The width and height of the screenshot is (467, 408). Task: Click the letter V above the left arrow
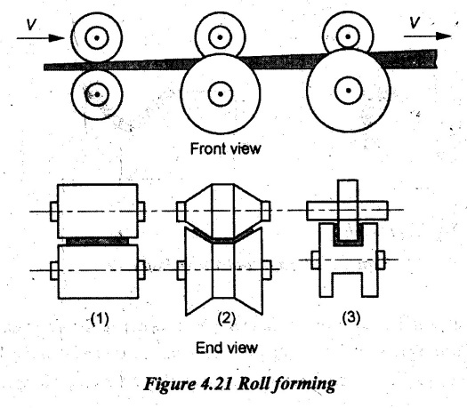tap(31, 24)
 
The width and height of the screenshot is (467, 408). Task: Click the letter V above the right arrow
tap(415, 22)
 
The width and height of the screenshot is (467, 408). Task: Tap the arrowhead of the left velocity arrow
tap(57, 38)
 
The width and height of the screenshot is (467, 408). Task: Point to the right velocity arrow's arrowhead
tap(444, 36)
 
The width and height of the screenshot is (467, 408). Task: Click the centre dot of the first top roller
tap(97, 38)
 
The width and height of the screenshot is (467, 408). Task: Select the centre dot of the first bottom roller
tap(97, 94)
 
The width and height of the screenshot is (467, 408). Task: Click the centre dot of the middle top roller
tap(220, 37)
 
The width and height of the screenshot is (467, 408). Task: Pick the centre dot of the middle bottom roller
tap(221, 94)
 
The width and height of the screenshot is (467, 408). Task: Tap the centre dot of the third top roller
tap(348, 36)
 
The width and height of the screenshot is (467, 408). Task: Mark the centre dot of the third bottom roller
tap(349, 90)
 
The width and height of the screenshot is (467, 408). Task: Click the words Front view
tap(225, 148)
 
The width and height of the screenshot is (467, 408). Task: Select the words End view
tap(227, 348)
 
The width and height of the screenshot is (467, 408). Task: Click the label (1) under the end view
tap(100, 319)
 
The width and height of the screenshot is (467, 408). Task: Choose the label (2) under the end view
tap(226, 318)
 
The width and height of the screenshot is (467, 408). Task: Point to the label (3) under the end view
tap(350, 317)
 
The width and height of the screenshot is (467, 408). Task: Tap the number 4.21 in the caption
tap(215, 384)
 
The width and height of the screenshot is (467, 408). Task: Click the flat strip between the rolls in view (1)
tap(98, 241)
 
